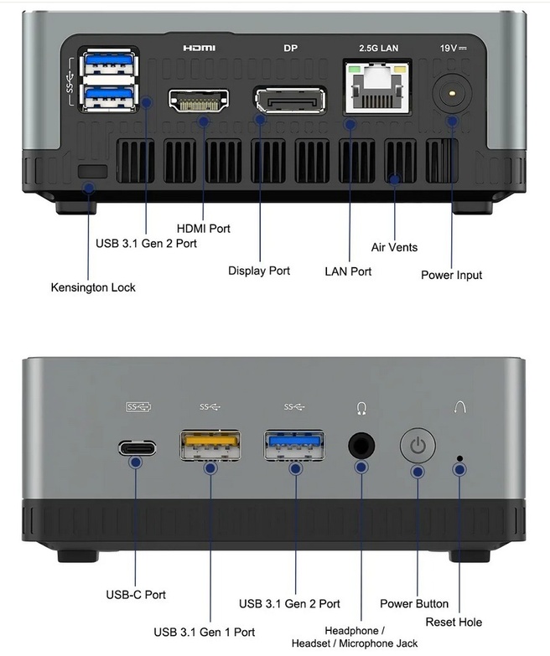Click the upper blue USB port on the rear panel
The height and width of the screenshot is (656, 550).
click(x=107, y=64)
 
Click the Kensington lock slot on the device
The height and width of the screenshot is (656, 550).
click(x=91, y=171)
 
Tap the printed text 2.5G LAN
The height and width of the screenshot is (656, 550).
click(x=378, y=49)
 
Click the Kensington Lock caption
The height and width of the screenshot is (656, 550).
click(x=92, y=287)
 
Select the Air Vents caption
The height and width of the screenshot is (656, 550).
click(x=394, y=247)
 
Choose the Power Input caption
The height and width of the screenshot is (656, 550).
click(x=451, y=275)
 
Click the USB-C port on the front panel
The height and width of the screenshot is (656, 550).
click(x=137, y=446)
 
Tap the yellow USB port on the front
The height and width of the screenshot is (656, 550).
click(x=210, y=444)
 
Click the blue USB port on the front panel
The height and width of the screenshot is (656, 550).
click(x=295, y=444)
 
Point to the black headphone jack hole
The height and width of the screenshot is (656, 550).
click(x=361, y=444)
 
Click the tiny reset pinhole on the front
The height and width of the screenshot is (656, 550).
click(x=459, y=458)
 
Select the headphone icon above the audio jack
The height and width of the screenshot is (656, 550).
click(x=361, y=408)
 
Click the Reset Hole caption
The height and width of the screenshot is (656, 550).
click(x=454, y=622)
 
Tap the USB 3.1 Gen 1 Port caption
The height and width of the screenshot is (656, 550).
click(x=204, y=632)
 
